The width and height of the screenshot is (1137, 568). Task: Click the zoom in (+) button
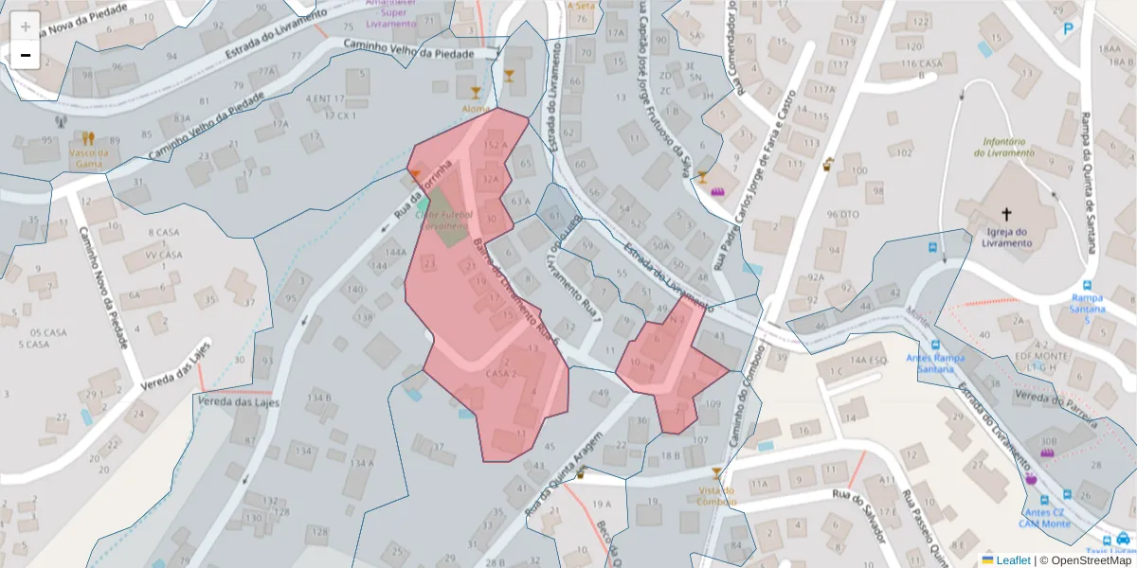(x=26, y=27)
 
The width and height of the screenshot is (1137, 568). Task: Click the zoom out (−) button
(x=26, y=55)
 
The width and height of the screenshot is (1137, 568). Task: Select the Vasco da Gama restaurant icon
(x=88, y=138)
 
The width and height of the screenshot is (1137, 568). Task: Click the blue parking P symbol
(x=1069, y=29)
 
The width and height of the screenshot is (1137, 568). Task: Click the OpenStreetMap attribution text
(x=1085, y=560)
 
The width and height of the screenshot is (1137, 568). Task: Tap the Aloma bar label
(x=476, y=109)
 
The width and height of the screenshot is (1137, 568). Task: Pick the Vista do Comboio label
(x=716, y=495)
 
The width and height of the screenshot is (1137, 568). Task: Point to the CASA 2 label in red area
(x=501, y=374)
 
